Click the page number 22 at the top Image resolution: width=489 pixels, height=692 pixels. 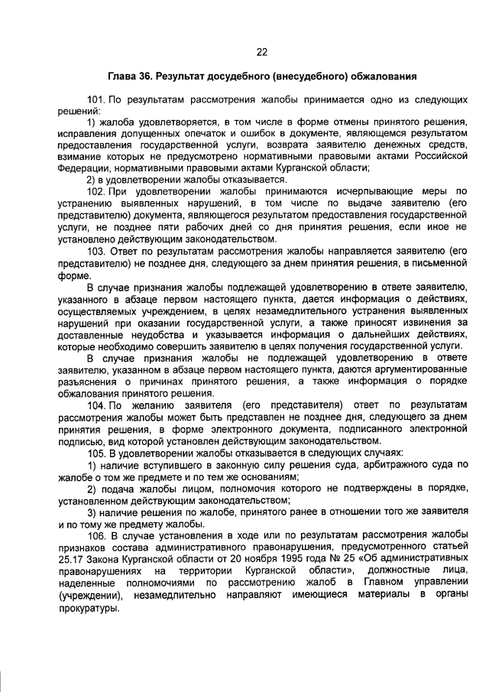tap(261, 52)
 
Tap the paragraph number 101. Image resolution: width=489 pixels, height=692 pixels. tap(97, 101)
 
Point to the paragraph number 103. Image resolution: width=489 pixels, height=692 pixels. tap(97, 251)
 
